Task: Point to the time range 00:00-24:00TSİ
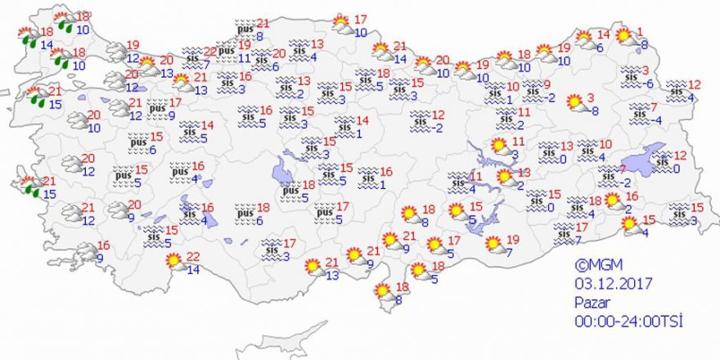628,320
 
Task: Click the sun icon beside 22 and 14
174,263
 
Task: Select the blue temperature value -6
649,83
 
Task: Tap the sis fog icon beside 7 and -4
638,114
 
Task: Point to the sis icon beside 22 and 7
193,57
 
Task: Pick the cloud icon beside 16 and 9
84,252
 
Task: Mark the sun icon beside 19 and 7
494,244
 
